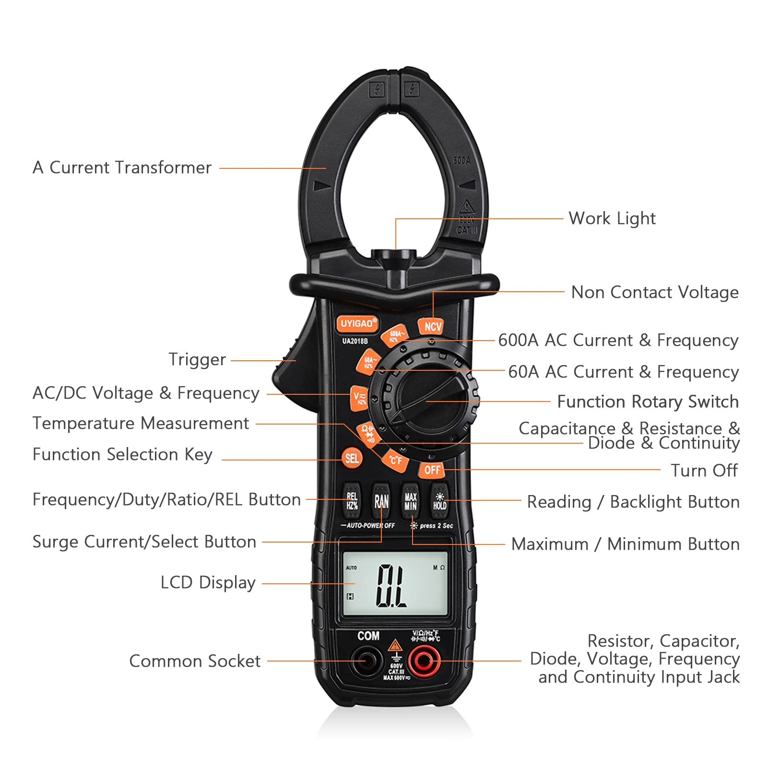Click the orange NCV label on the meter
click(432, 327)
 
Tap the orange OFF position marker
click(432, 470)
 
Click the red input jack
click(424, 662)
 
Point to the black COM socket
click(366, 662)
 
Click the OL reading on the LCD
click(391, 586)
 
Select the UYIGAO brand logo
click(357, 324)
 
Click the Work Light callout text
click(612, 219)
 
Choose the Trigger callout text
click(197, 360)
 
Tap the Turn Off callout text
click(704, 471)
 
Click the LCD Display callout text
click(208, 583)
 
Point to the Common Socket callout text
click(195, 662)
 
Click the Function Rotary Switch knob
click(427, 401)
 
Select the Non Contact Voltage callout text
click(655, 292)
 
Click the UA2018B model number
click(355, 341)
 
